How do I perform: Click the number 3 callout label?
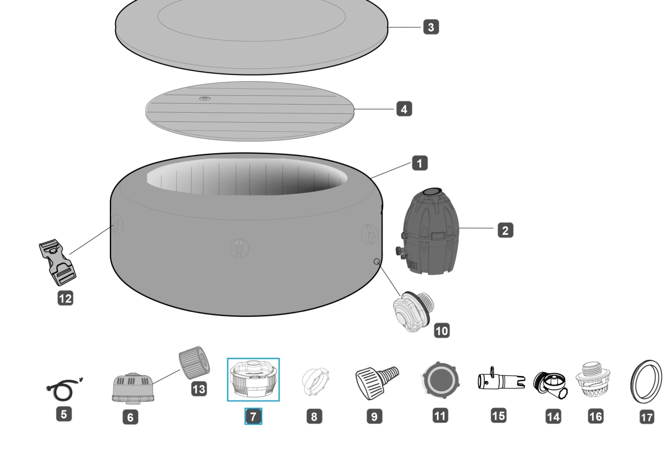tap(431, 27)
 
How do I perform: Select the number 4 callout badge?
tap(404, 109)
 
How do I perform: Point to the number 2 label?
tap(505, 230)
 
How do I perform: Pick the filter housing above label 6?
tap(133, 388)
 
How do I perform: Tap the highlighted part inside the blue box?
tap(253, 379)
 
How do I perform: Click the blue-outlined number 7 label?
tap(253, 417)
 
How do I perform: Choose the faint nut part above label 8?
tap(315, 382)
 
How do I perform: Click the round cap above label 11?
tap(440, 381)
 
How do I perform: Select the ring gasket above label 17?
tap(646, 382)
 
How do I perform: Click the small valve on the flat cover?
tap(205, 99)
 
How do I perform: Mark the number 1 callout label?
tap(419, 163)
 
